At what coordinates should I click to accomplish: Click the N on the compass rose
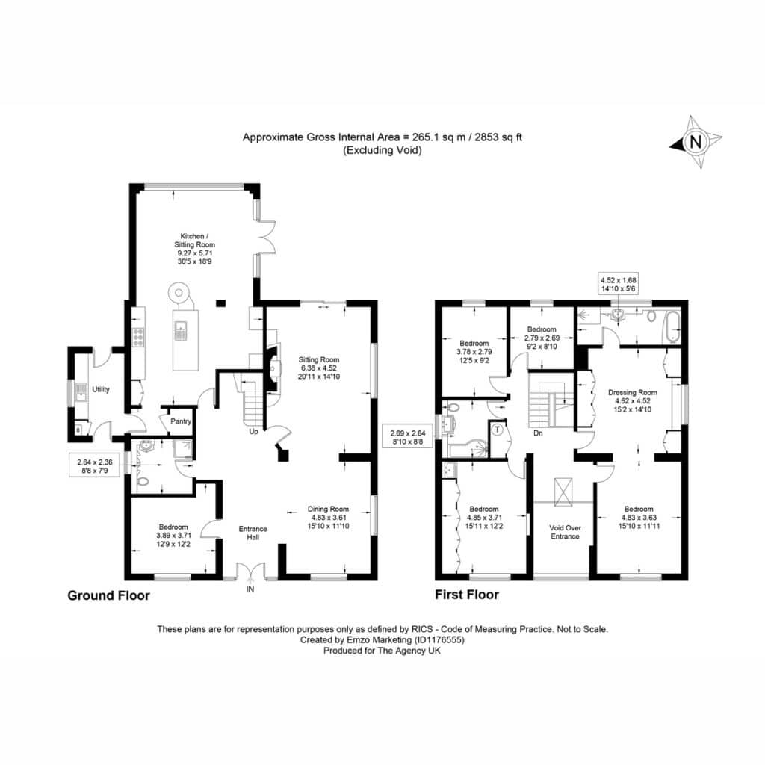pyautogui.click(x=696, y=142)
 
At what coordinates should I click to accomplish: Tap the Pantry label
pyautogui.click(x=181, y=421)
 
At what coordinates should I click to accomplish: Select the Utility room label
pyautogui.click(x=101, y=389)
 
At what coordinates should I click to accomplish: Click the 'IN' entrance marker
pyautogui.click(x=250, y=589)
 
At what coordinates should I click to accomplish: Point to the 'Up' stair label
pyautogui.click(x=254, y=431)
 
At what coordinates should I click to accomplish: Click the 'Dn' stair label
pyautogui.click(x=538, y=433)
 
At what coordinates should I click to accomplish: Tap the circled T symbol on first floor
pyautogui.click(x=497, y=430)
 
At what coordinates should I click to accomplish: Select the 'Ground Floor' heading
pyautogui.click(x=108, y=595)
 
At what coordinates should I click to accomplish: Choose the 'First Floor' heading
pyautogui.click(x=467, y=595)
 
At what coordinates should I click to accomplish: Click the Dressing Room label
pyautogui.click(x=632, y=392)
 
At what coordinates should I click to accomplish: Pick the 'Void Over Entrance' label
pyautogui.click(x=565, y=532)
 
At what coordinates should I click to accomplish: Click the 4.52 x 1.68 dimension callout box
pyautogui.click(x=618, y=285)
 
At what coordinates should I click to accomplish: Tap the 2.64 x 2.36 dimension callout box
pyautogui.click(x=95, y=466)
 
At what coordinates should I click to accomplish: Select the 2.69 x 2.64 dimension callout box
pyautogui.click(x=408, y=437)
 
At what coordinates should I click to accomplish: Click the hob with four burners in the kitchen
pyautogui.click(x=138, y=337)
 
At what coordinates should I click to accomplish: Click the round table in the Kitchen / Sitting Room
pyautogui.click(x=178, y=293)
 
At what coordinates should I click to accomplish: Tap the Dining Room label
pyautogui.click(x=328, y=509)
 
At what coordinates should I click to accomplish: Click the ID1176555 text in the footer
pyautogui.click(x=439, y=639)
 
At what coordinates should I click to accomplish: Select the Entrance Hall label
pyautogui.click(x=253, y=533)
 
